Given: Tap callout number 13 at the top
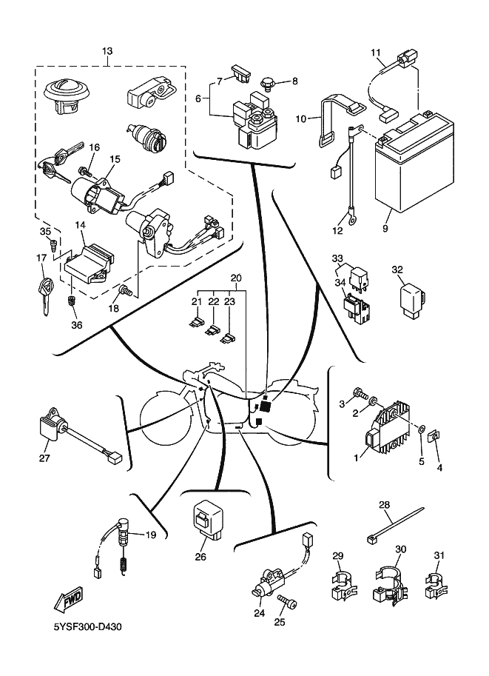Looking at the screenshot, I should (107, 51).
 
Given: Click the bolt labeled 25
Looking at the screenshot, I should (289, 606).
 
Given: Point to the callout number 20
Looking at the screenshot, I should (236, 278).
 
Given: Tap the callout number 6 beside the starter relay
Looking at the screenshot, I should (198, 97).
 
